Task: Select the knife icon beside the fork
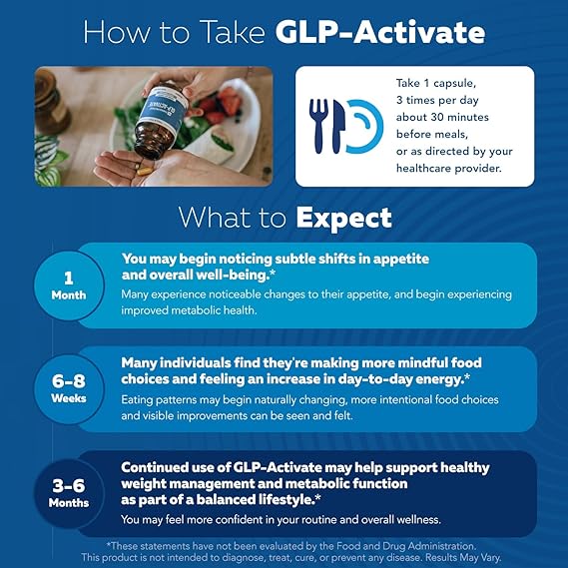pyautogui.click(x=339, y=126)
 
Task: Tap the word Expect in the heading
pyautogui.click(x=343, y=217)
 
